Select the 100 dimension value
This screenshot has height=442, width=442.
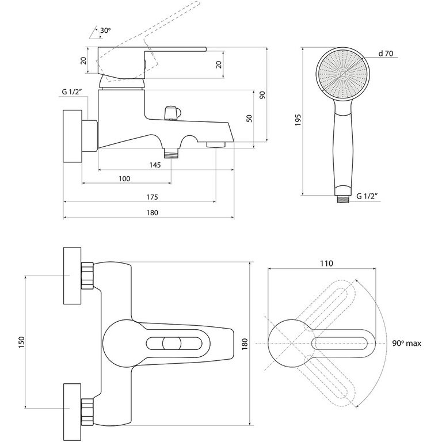tap(124, 178)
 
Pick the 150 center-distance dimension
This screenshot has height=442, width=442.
tap(20, 342)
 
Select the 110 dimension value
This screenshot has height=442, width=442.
tap(326, 264)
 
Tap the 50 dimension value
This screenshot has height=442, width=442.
tap(249, 117)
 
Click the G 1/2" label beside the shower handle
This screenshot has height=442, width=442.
tap(368, 196)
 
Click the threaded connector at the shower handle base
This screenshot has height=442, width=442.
tap(342, 197)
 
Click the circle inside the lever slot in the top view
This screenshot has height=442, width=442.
tap(170, 344)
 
